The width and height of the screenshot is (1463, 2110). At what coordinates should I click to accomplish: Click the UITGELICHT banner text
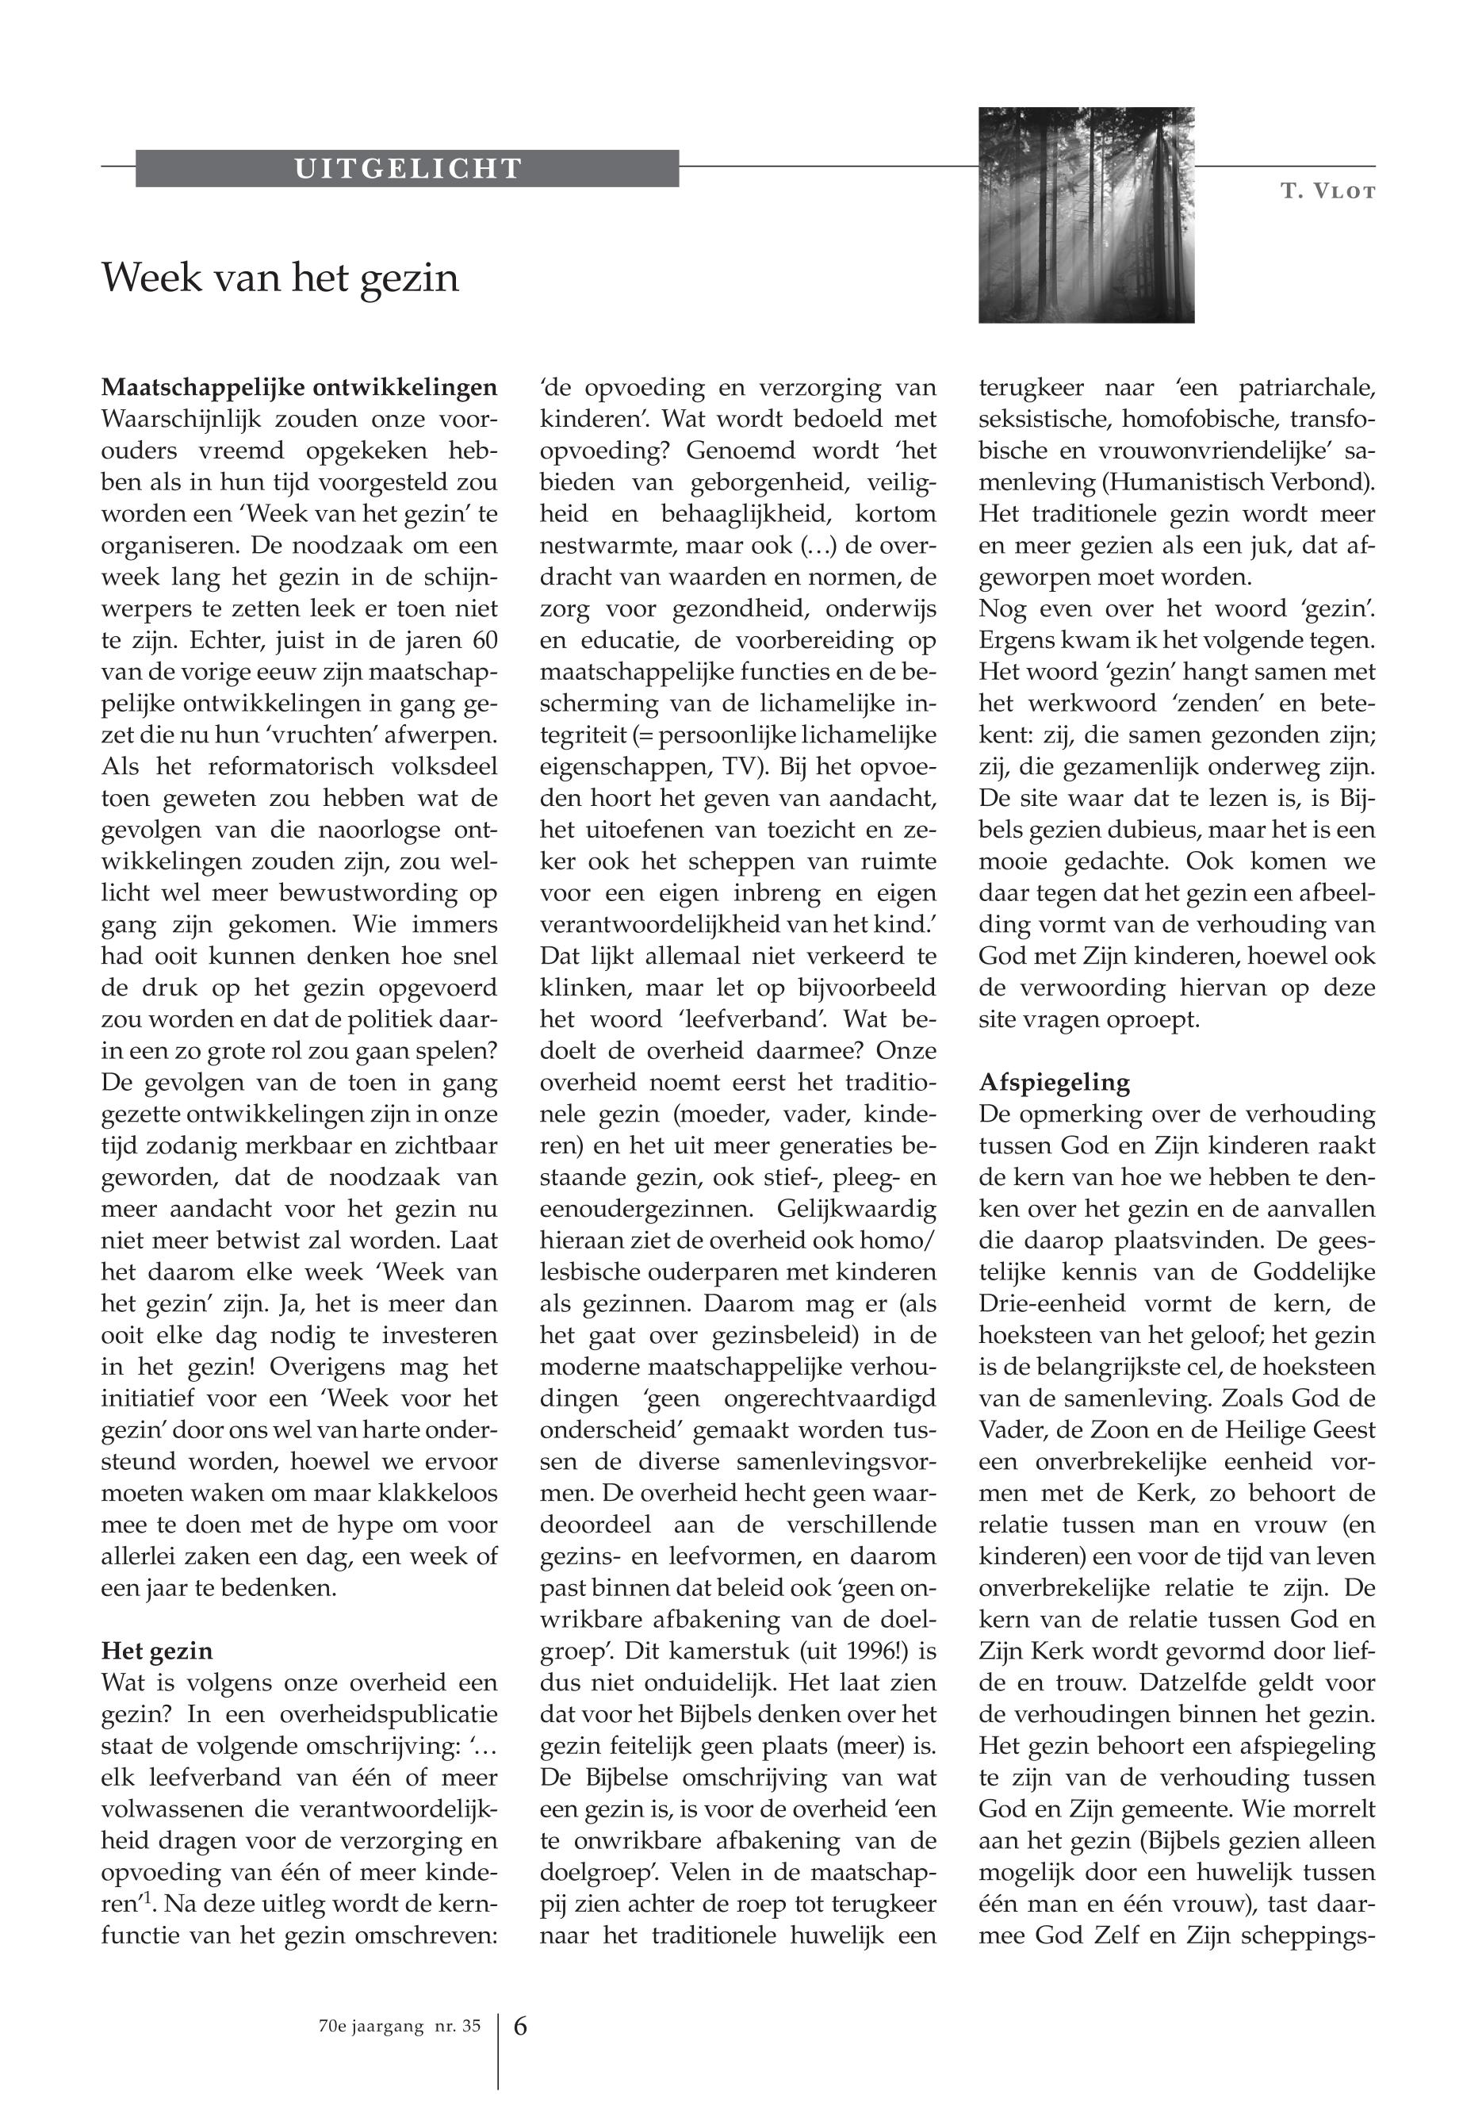click(x=408, y=169)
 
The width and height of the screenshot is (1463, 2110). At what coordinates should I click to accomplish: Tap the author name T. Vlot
click(x=1328, y=192)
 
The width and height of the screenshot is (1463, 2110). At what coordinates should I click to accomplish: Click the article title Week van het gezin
click(x=280, y=277)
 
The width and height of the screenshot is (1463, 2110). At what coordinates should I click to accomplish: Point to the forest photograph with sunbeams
click(x=1086, y=215)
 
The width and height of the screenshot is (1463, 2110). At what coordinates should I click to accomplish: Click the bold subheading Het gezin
click(x=157, y=1651)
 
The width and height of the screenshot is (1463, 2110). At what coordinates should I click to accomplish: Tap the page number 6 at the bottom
click(x=519, y=2026)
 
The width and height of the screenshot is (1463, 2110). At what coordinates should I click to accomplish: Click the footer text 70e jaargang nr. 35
click(x=394, y=2027)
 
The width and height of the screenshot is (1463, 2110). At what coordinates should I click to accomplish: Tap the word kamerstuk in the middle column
click(x=730, y=1652)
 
